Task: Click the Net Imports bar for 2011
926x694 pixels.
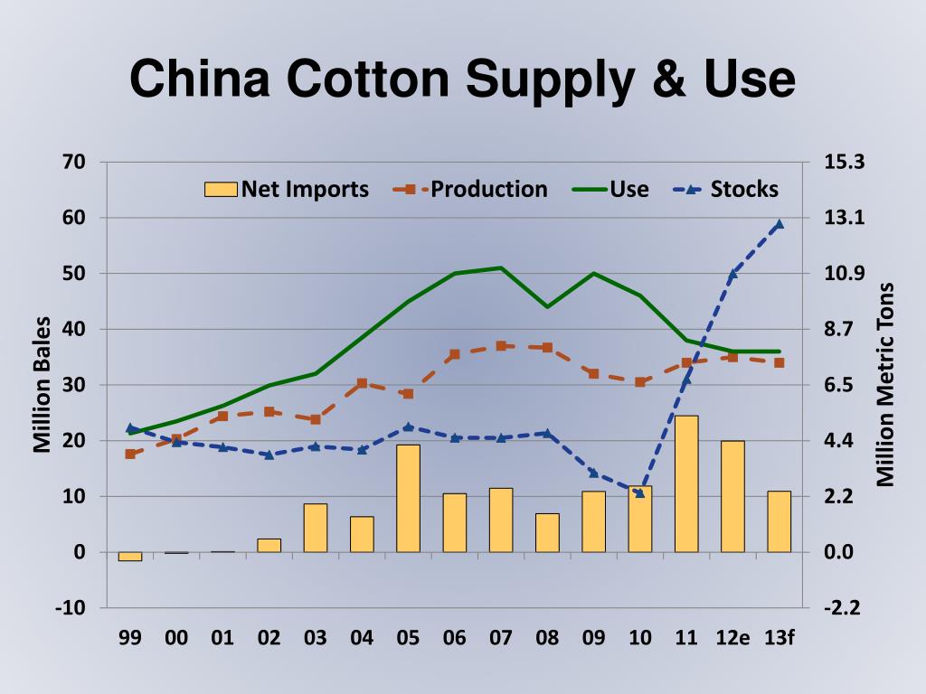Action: coord(686,483)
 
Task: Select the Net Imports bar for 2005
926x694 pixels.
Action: coord(408,498)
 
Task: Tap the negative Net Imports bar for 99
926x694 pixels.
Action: coord(130,556)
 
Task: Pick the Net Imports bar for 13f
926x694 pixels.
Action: coord(779,521)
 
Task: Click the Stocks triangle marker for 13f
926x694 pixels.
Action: coord(779,224)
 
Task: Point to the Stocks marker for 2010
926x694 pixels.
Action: coord(640,492)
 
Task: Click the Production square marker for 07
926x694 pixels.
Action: coord(501,345)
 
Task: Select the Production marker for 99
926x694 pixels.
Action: coord(130,454)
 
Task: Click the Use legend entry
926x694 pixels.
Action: coord(610,189)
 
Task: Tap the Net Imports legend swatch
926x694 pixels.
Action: coord(221,189)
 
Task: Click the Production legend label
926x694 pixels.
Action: coord(488,189)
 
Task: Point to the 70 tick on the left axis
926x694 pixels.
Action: coord(74,162)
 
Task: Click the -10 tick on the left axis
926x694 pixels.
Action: coord(70,607)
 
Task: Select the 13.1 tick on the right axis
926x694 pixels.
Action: coord(845,218)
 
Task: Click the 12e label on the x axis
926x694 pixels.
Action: coord(732,638)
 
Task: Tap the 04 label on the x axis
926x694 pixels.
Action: coord(362,638)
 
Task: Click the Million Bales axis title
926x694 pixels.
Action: coord(42,384)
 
